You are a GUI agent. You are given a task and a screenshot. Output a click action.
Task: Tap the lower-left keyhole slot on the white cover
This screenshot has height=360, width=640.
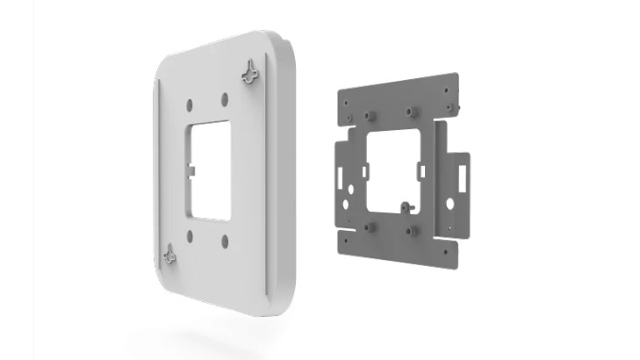170,256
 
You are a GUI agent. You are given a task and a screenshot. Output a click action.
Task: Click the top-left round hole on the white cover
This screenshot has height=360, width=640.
188,104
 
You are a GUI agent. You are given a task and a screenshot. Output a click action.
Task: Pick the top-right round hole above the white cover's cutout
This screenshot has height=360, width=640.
225,99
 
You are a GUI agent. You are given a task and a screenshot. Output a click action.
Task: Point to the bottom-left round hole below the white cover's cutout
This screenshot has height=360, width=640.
191,234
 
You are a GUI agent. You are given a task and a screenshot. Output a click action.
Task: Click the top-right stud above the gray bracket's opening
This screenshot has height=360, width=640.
409,112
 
